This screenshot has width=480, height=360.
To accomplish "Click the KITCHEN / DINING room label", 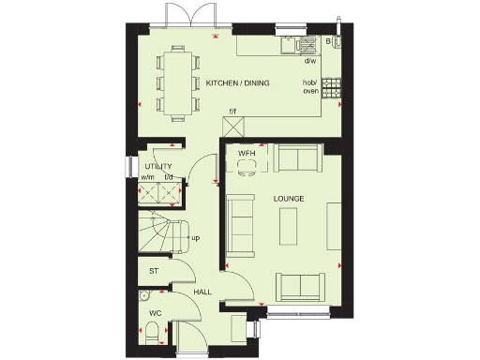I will point(238,83).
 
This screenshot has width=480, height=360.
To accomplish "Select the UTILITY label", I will point(157,167).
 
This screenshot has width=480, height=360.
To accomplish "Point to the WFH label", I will point(247,152).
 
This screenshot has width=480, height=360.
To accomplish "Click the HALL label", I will point(202,292).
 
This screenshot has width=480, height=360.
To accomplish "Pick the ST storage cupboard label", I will point(154,272).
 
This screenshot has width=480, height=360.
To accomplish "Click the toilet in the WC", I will point(153,330).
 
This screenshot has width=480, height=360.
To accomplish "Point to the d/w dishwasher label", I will point(310,61).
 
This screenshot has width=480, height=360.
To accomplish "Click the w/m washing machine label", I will point(147,177).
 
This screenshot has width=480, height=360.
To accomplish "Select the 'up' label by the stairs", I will point(195,238).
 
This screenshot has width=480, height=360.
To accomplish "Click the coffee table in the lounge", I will point(290,224).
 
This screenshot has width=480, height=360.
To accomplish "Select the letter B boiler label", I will point(328,41).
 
